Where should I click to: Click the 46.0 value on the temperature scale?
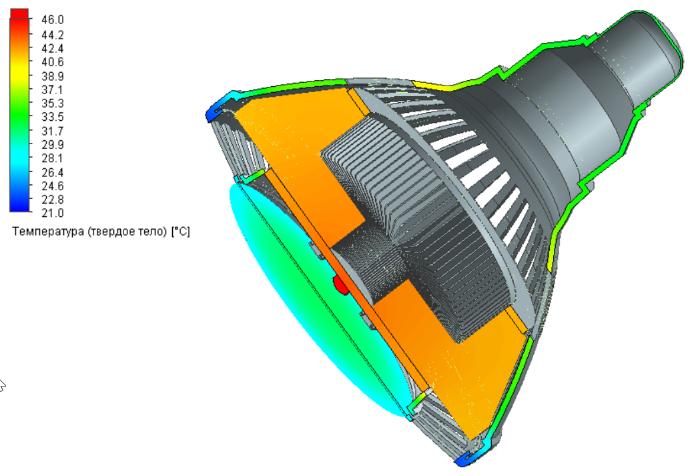point(52,20)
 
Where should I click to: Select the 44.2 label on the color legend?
point(52,34)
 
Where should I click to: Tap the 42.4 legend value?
point(52,48)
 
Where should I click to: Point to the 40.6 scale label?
point(52,62)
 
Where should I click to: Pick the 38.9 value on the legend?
point(52,75)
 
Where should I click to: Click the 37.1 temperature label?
point(52,89)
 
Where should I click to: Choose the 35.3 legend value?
point(52,103)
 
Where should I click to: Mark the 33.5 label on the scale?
point(52,117)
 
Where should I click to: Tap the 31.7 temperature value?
point(52,131)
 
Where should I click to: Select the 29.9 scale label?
point(52,144)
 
